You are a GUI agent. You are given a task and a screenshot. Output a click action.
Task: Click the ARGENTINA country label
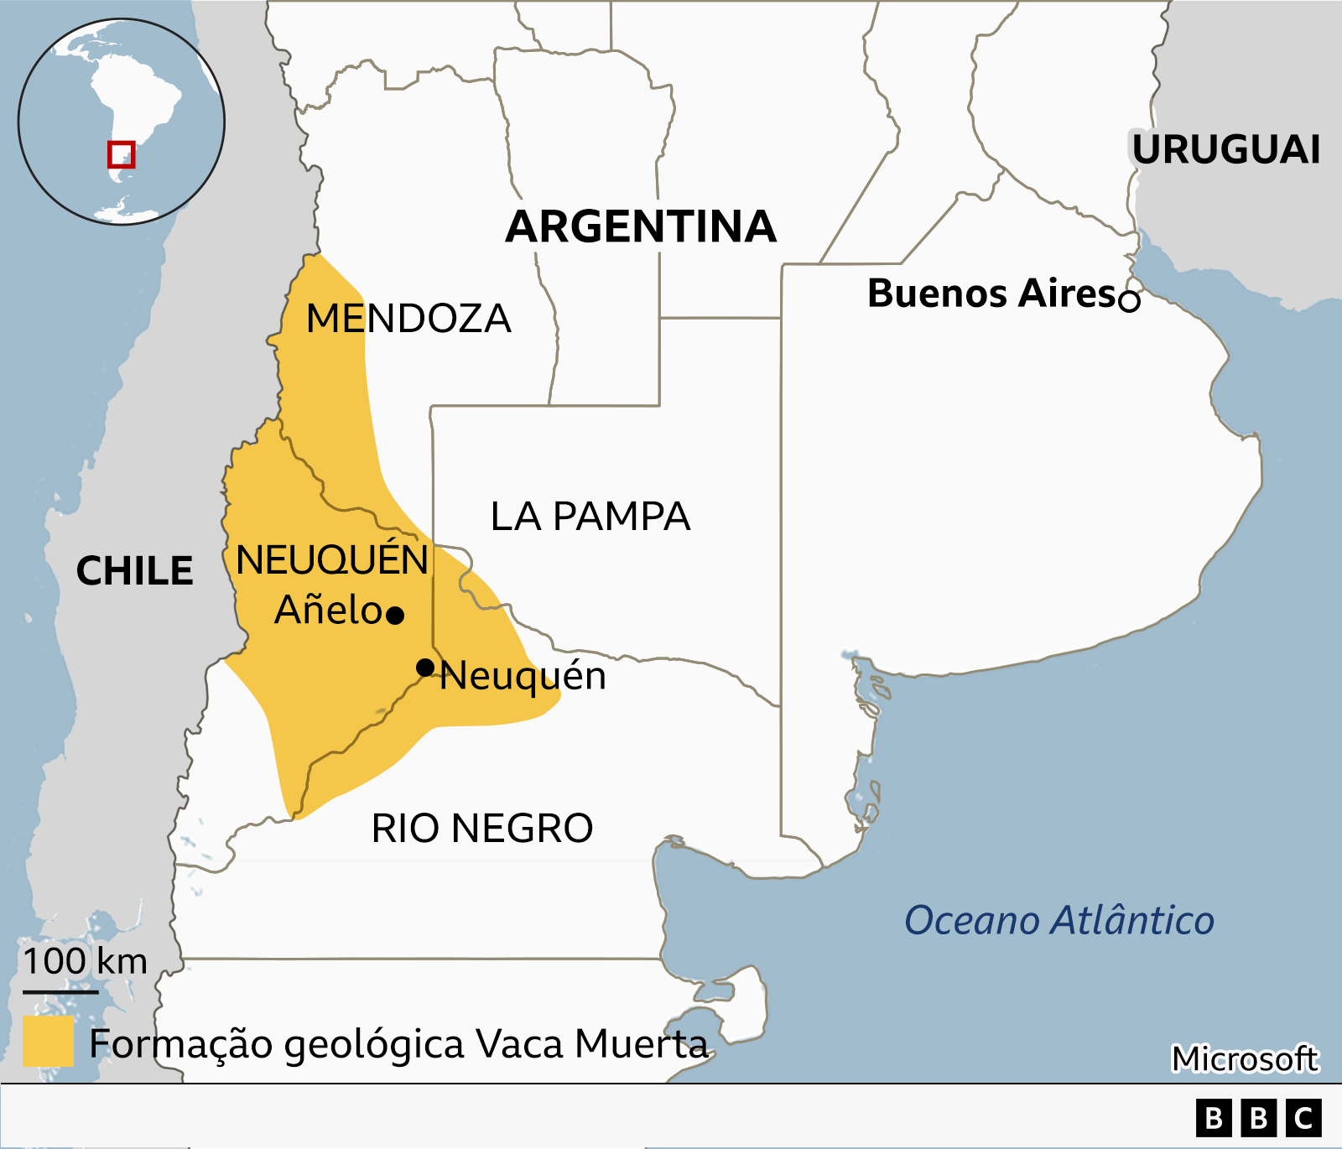point(641,227)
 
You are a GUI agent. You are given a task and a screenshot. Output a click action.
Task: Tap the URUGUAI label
point(1226,150)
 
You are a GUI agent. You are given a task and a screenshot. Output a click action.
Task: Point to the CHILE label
point(134,571)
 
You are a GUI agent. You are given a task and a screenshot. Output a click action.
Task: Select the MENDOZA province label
point(408,319)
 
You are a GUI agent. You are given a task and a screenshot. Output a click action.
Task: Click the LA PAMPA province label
point(590,517)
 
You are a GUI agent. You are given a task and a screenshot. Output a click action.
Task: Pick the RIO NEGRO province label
point(482,829)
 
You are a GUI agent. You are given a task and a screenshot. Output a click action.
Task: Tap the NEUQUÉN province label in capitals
point(332,560)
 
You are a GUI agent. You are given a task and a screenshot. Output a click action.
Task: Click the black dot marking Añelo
point(396,616)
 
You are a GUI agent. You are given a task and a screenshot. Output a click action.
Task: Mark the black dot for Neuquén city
point(425,668)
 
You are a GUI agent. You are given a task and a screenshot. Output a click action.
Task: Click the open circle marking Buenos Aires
point(1130,300)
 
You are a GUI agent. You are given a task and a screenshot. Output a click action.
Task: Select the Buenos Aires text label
point(991,294)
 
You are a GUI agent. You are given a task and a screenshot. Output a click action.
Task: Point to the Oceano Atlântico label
point(1059,920)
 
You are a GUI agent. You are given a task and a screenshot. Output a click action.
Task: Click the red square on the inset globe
point(121,154)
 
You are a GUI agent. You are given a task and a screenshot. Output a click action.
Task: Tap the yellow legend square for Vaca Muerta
point(48,1041)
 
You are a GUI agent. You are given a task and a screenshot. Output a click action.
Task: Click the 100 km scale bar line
point(60,992)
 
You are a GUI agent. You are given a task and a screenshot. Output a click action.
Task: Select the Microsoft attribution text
point(1245,1059)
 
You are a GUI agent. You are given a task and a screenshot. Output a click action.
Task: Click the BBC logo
point(1258,1119)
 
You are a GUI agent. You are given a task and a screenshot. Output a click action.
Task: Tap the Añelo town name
point(328,610)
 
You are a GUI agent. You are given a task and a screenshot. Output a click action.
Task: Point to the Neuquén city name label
point(523,676)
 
